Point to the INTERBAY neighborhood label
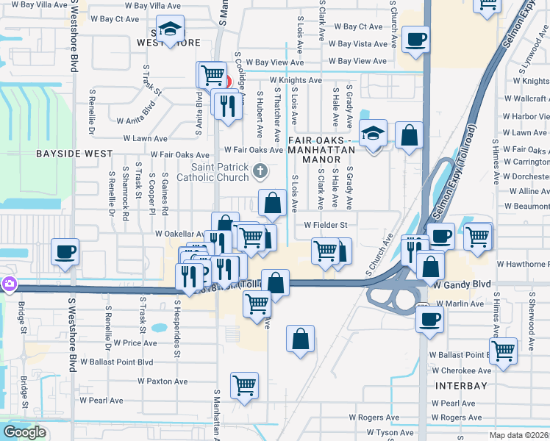point(461,385)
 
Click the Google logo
point(24,432)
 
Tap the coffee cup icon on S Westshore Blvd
point(64,251)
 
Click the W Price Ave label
point(135,343)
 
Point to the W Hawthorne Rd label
point(523,264)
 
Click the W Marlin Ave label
point(457,303)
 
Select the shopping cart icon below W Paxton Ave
point(244,384)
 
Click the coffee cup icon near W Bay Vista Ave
point(416,38)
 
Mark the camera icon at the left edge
point(8,283)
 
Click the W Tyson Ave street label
point(390,433)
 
